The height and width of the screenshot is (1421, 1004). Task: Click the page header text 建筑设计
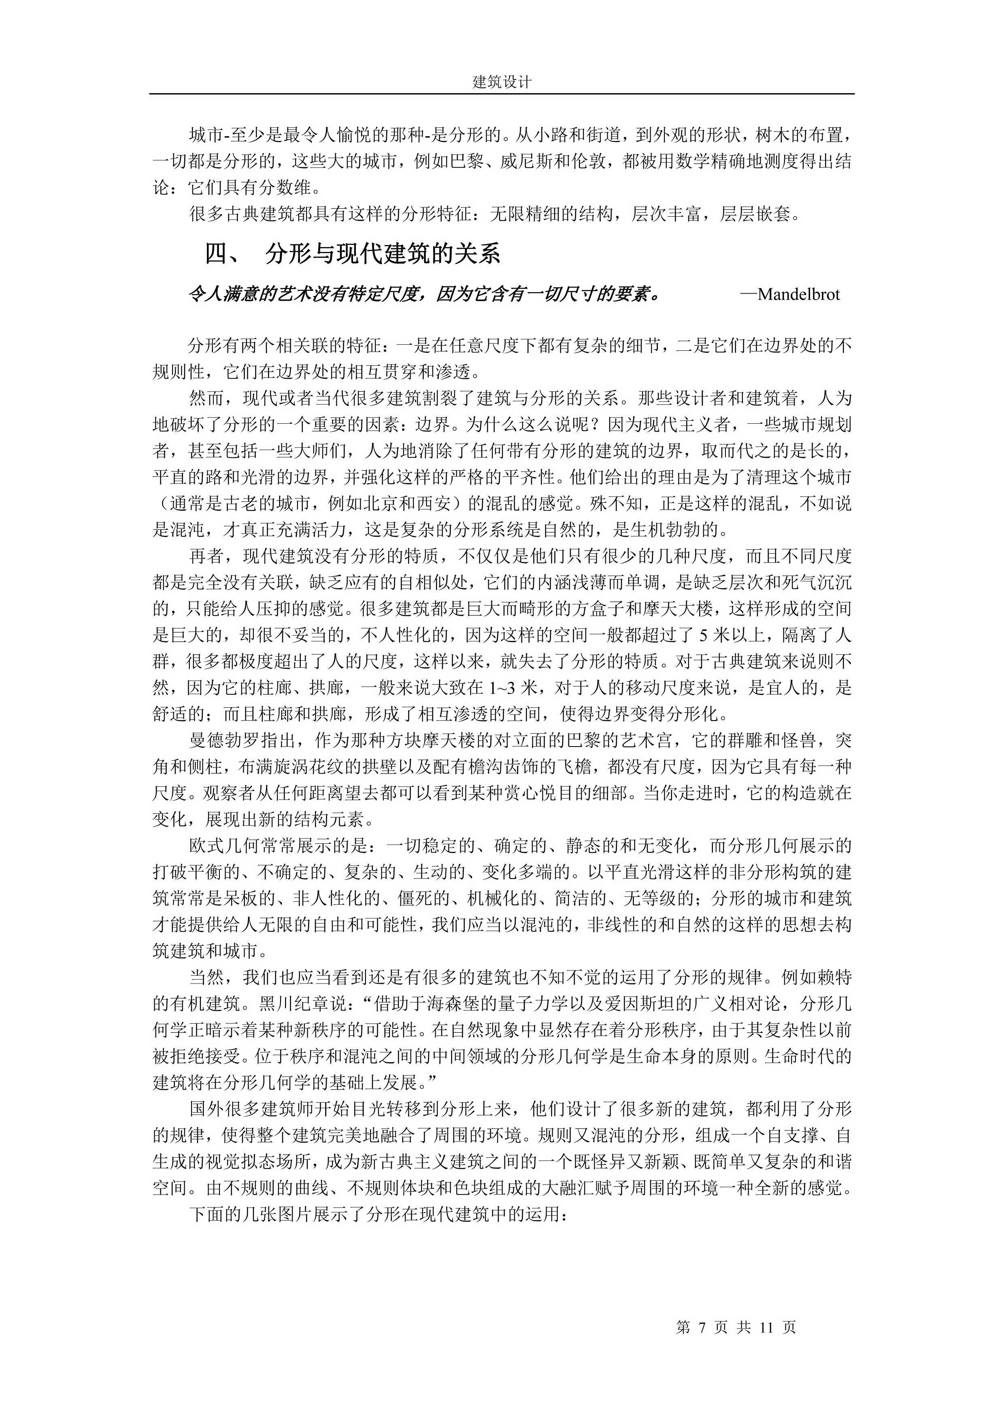coord(502,82)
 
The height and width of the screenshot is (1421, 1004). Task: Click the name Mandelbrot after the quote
coord(798,294)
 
